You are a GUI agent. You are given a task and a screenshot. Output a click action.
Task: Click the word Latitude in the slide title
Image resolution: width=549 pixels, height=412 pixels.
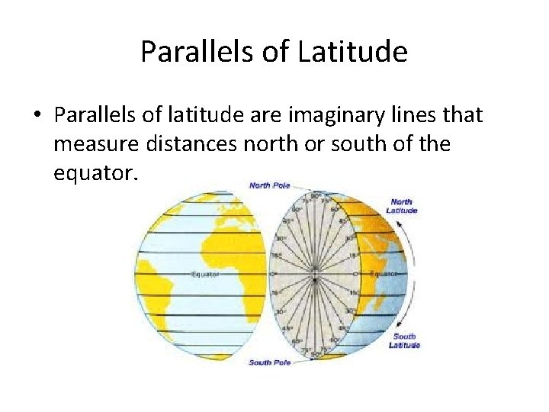(x=353, y=52)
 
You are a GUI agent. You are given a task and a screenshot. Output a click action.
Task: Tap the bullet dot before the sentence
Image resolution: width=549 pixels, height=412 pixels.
(x=37, y=116)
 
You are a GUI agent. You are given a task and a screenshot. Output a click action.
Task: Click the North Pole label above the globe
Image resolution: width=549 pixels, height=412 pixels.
(x=270, y=185)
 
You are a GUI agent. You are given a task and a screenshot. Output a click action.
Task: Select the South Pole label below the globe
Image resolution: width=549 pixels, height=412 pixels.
(x=269, y=362)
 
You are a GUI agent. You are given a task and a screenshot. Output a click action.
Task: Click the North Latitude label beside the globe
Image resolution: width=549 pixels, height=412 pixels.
(x=402, y=206)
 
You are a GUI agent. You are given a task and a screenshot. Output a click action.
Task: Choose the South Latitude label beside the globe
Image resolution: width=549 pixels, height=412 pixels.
(x=404, y=340)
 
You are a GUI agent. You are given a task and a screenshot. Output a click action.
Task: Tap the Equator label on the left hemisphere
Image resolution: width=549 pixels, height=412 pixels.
(x=206, y=274)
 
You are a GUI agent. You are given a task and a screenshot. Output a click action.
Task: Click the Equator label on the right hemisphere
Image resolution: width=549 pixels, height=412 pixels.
(x=383, y=273)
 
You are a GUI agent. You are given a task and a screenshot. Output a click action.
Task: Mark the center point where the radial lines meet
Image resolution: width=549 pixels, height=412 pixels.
(x=314, y=273)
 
